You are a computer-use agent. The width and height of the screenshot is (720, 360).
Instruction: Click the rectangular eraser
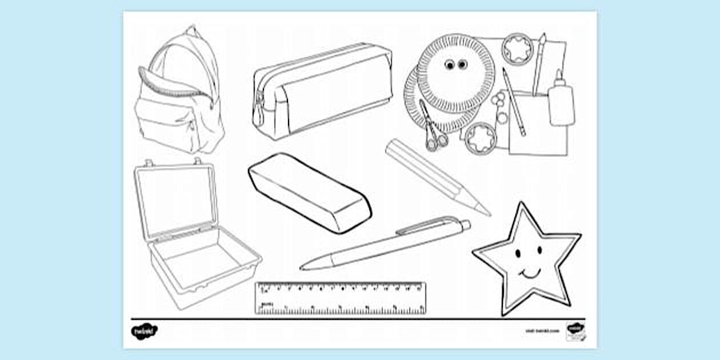point(309,192)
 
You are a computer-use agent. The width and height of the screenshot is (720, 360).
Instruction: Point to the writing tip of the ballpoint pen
point(303,267)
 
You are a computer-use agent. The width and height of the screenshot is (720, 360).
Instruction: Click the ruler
point(341,298)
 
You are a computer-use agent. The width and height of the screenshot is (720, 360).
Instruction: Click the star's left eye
point(518,252)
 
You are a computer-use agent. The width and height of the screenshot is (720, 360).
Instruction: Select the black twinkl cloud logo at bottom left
point(143,330)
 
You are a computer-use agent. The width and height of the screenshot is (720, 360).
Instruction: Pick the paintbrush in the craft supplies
point(539,63)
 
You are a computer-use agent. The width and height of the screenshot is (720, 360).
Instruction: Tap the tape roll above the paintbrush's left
point(518,49)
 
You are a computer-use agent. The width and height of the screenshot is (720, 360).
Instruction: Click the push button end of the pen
point(466,223)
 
